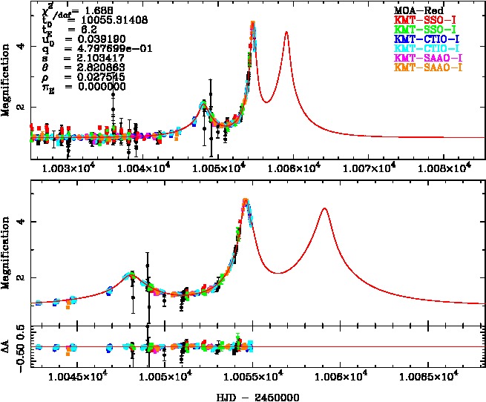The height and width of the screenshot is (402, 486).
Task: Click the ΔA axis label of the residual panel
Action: click(x=7, y=346)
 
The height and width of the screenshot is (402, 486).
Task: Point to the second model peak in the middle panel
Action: click(x=324, y=209)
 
